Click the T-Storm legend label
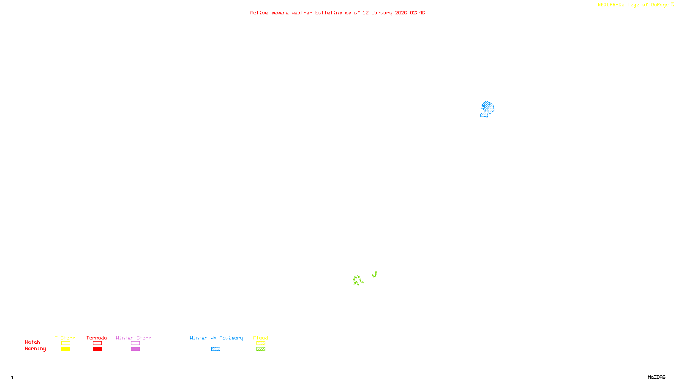pyautogui.click(x=65, y=338)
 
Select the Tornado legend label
pyautogui.click(x=97, y=338)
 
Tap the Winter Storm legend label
pyautogui.click(x=134, y=338)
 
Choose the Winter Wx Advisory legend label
pyautogui.click(x=216, y=338)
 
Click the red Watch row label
pyautogui.click(x=33, y=342)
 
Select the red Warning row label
pyautogui.click(x=35, y=349)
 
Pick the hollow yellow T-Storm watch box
pyautogui.click(x=65, y=343)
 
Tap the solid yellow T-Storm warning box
pyautogui.click(x=65, y=349)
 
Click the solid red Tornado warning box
pyautogui.click(x=97, y=349)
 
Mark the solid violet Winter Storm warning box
pyautogui.click(x=135, y=349)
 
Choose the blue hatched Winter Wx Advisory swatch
pyautogui.click(x=215, y=349)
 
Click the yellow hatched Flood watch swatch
pyautogui.click(x=261, y=343)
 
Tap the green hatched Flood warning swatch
pyautogui.click(x=261, y=349)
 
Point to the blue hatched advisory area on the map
pyautogui.click(x=488, y=109)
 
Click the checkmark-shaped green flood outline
pyautogui.click(x=374, y=275)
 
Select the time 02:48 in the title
pyautogui.click(x=417, y=13)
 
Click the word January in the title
pyautogui.click(x=382, y=13)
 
